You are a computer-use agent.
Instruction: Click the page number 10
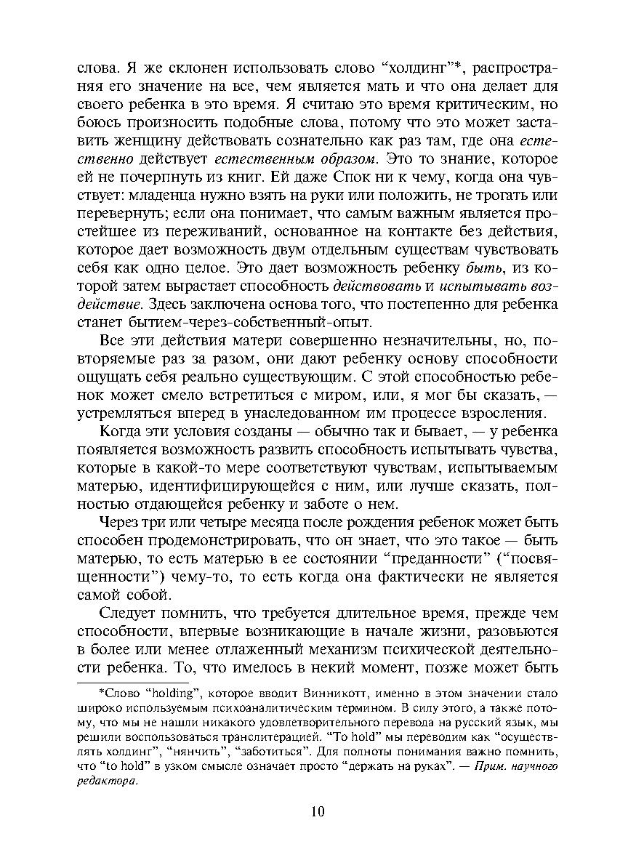point(318,812)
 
